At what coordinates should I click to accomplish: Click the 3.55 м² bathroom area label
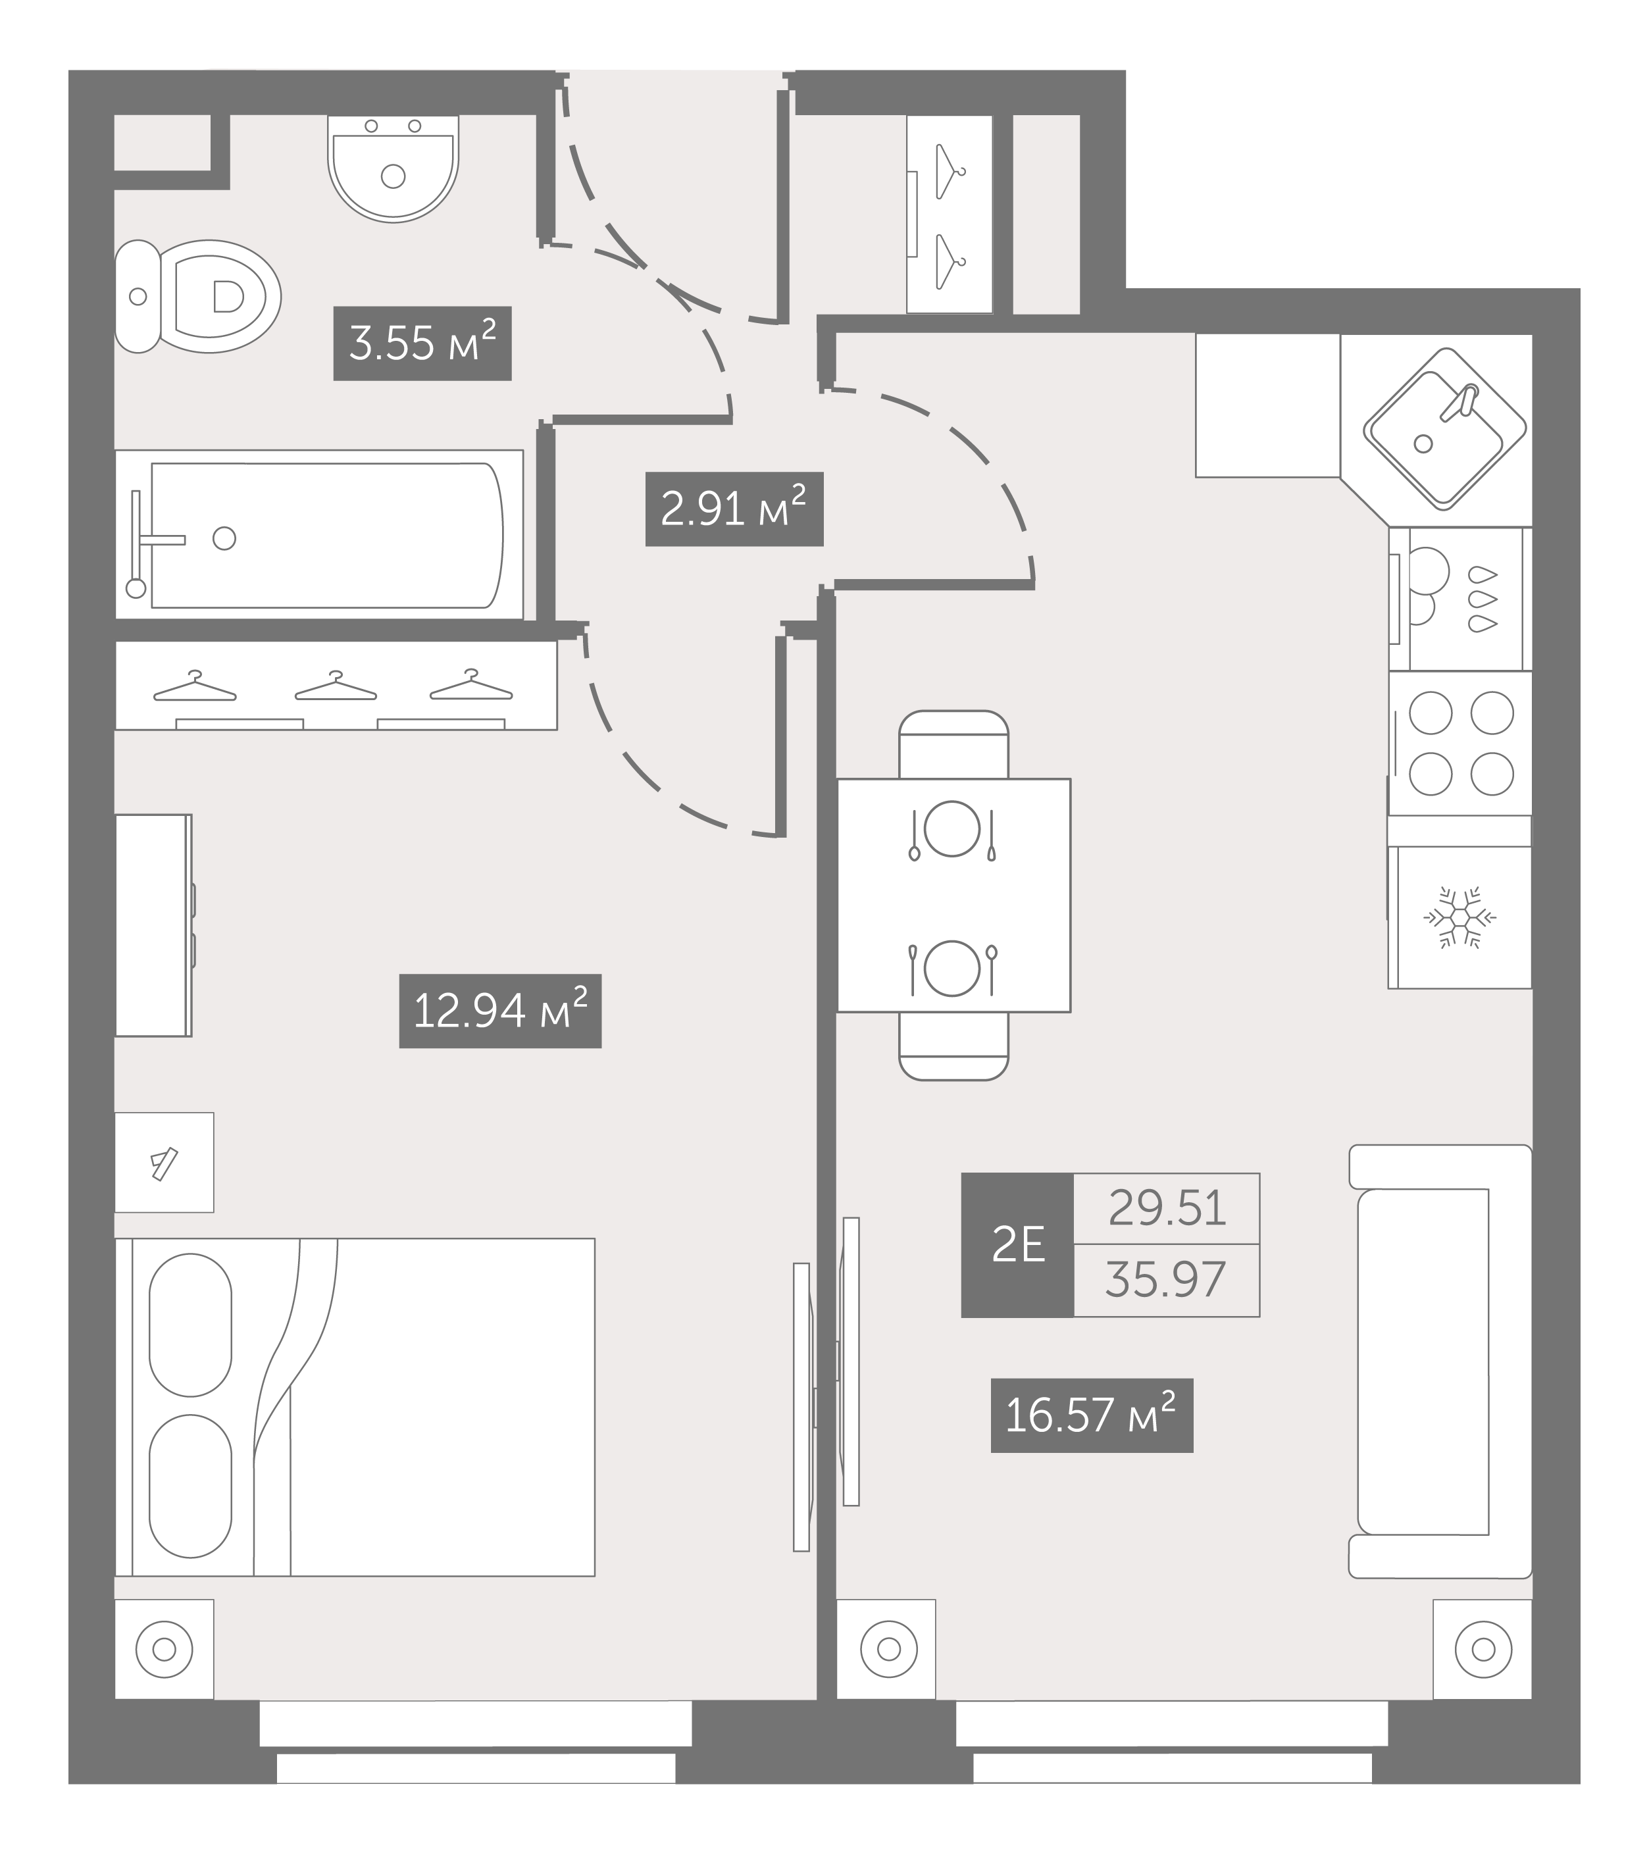point(422,343)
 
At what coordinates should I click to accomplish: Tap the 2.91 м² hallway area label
point(734,509)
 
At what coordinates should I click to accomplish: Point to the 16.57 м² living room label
point(1092,1416)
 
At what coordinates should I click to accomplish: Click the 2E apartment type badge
point(1018,1245)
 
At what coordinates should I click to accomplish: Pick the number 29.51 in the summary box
point(1167,1208)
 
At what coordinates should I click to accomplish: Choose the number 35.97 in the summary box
point(1166,1279)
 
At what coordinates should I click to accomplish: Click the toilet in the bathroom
point(197,297)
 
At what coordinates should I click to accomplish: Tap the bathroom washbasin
point(393,168)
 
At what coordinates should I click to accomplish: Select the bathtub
point(319,535)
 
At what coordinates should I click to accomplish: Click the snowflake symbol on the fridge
point(1459,917)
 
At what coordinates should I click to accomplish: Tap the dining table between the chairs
point(953,895)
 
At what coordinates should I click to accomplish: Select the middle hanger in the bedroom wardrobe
point(336,686)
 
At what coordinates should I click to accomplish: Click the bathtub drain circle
point(224,538)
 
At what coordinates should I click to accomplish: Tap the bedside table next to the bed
point(164,1162)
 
